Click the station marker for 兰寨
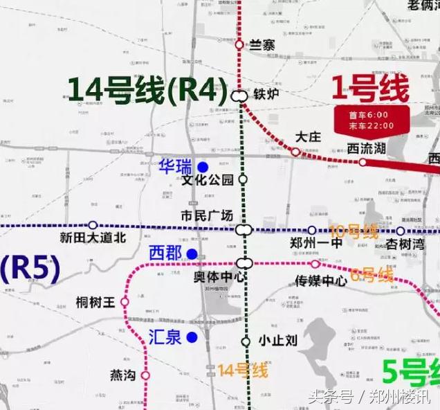coord(239,44)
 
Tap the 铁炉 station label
coord(266,95)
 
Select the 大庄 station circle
coord(295,152)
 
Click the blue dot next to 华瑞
coord(203,167)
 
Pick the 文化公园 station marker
coord(243,179)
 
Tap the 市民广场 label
coord(206,215)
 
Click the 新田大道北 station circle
coord(93,225)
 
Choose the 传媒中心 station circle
coord(315,264)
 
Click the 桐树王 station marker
coord(125,302)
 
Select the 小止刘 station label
coord(277,341)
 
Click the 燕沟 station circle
coord(145,375)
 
